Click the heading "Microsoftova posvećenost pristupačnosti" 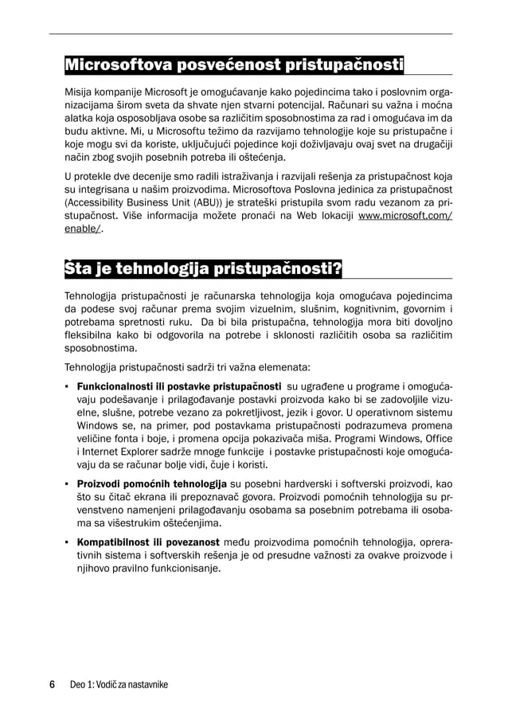click(x=234, y=64)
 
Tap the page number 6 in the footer click(x=53, y=684)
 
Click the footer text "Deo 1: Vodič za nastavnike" click(x=119, y=685)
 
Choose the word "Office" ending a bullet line click(x=437, y=438)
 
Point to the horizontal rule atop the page click(x=251, y=33)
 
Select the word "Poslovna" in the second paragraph click(x=337, y=189)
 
